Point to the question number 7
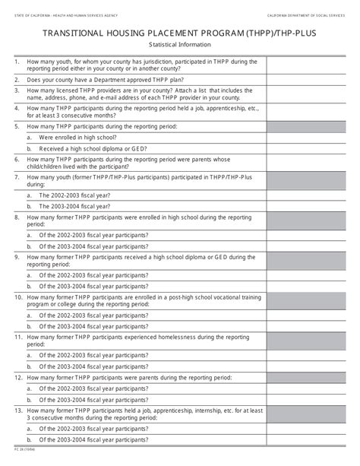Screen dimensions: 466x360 (x=17, y=176)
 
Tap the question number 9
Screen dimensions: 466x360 (x=17, y=258)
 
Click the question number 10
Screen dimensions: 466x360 (x=18, y=299)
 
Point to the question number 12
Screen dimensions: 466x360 (x=18, y=376)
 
